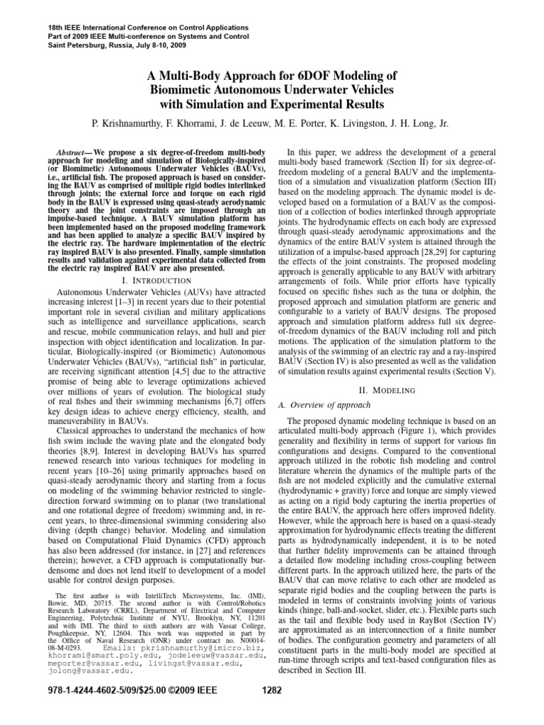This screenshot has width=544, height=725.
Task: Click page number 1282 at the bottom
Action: pyautogui.click(x=272, y=711)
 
